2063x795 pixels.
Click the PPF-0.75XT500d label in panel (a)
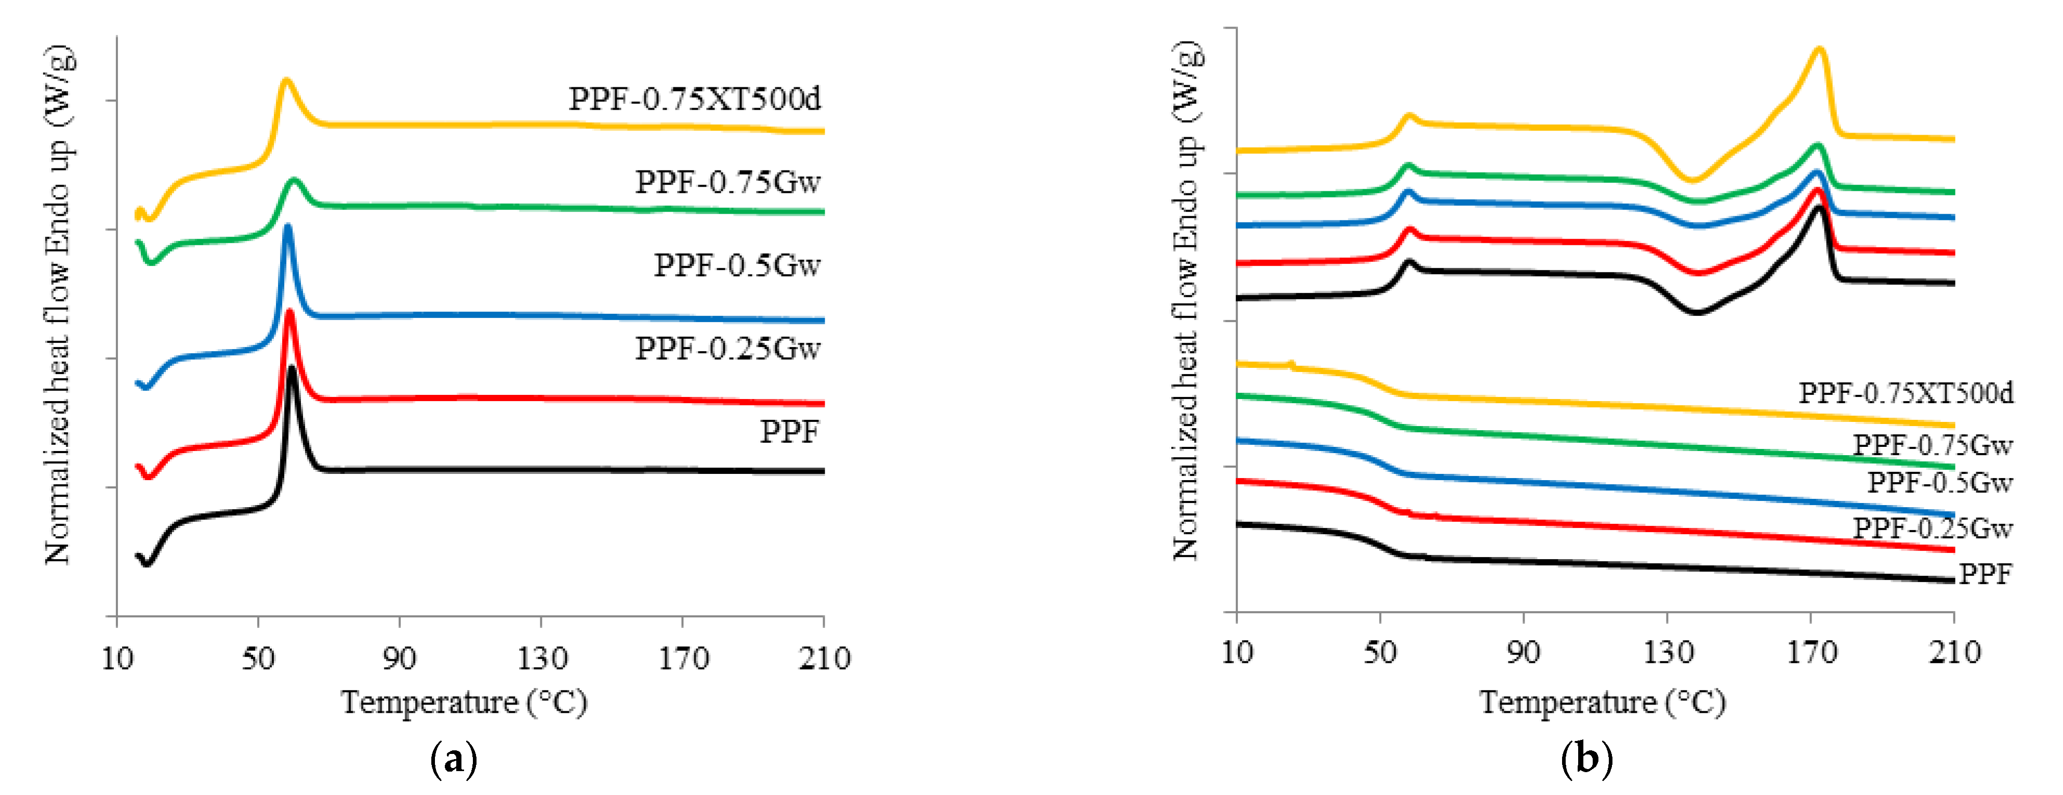coord(694,99)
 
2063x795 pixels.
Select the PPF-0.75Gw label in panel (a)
coord(727,182)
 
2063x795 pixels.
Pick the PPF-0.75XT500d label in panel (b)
coord(1905,393)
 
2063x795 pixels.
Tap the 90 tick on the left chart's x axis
coord(399,659)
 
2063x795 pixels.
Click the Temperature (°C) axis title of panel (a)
coord(464,703)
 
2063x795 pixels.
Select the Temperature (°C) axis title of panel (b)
coord(1602,703)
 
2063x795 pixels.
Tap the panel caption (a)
coord(453,758)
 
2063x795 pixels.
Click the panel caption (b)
coord(1586,758)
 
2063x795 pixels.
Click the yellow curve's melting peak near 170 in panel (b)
coord(1819,50)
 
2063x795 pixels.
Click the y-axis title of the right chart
coord(1187,300)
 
